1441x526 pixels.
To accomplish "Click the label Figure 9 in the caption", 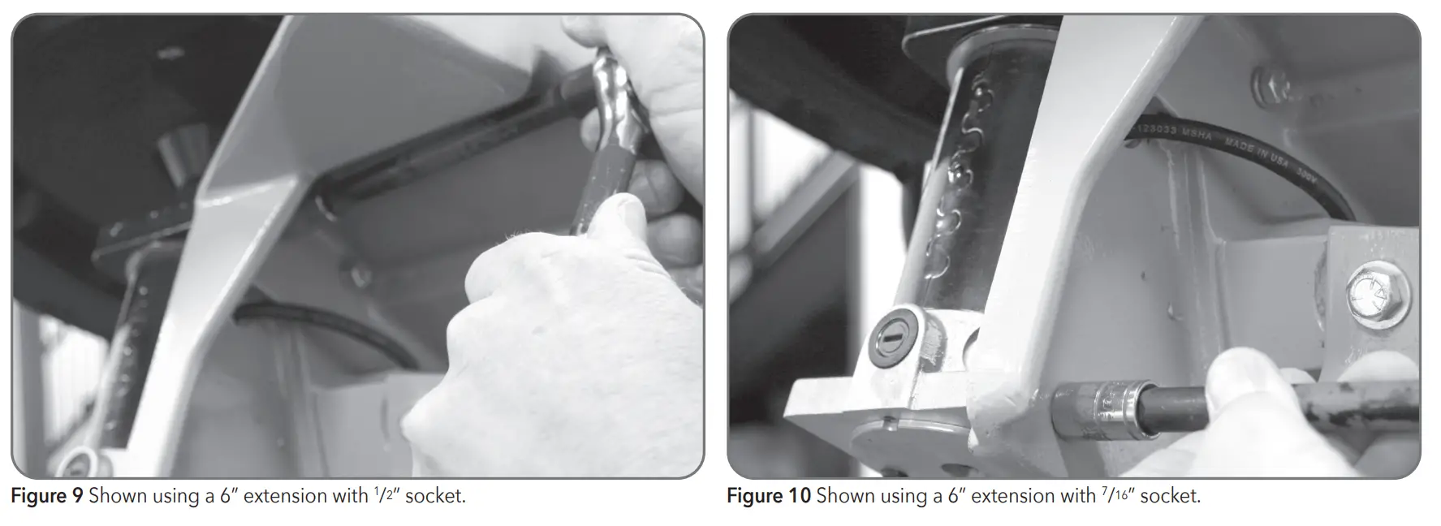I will (46, 496).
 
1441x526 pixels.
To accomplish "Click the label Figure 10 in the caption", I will (768, 496).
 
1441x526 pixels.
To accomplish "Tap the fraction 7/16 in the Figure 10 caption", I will (1117, 494).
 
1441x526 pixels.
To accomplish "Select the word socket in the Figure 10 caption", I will (1169, 496).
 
